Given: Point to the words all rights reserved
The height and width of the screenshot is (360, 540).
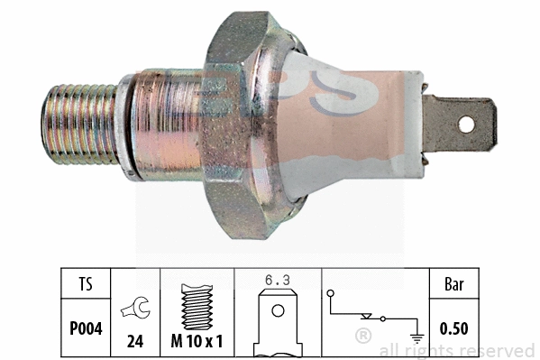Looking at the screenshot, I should coord(457,350).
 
